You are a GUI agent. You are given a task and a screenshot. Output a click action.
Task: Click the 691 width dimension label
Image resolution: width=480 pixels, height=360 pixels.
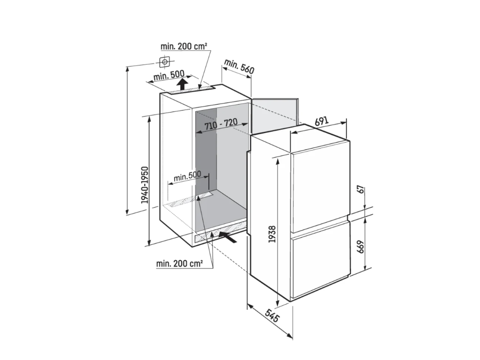pos(322,121)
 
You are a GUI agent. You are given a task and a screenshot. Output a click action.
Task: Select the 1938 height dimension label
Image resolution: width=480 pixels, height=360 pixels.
pos(272,234)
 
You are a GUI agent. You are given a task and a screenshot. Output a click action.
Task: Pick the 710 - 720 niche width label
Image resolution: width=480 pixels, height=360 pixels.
pos(221,124)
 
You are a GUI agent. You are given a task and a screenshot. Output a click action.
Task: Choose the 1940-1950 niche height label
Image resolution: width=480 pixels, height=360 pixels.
pos(144,185)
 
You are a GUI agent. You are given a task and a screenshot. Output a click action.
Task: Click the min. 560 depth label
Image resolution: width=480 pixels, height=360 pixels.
pos(239,67)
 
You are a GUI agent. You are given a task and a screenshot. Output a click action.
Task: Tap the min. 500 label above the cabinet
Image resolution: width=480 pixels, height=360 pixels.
pos(169,75)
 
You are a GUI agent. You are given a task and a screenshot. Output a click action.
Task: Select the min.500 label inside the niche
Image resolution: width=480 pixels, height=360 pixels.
pos(187,176)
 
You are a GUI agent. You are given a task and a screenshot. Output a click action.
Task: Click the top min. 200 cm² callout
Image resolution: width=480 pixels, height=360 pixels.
pos(184,46)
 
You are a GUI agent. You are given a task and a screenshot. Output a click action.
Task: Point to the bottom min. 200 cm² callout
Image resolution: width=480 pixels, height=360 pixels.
pos(180,263)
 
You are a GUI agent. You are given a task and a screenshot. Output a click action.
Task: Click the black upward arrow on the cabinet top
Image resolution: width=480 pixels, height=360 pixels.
pos(182,83)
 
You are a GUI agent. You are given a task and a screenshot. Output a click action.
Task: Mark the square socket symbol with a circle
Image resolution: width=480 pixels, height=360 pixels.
pos(165,61)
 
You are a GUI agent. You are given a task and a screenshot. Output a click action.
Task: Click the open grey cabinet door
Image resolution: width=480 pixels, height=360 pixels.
pos(274,115)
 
